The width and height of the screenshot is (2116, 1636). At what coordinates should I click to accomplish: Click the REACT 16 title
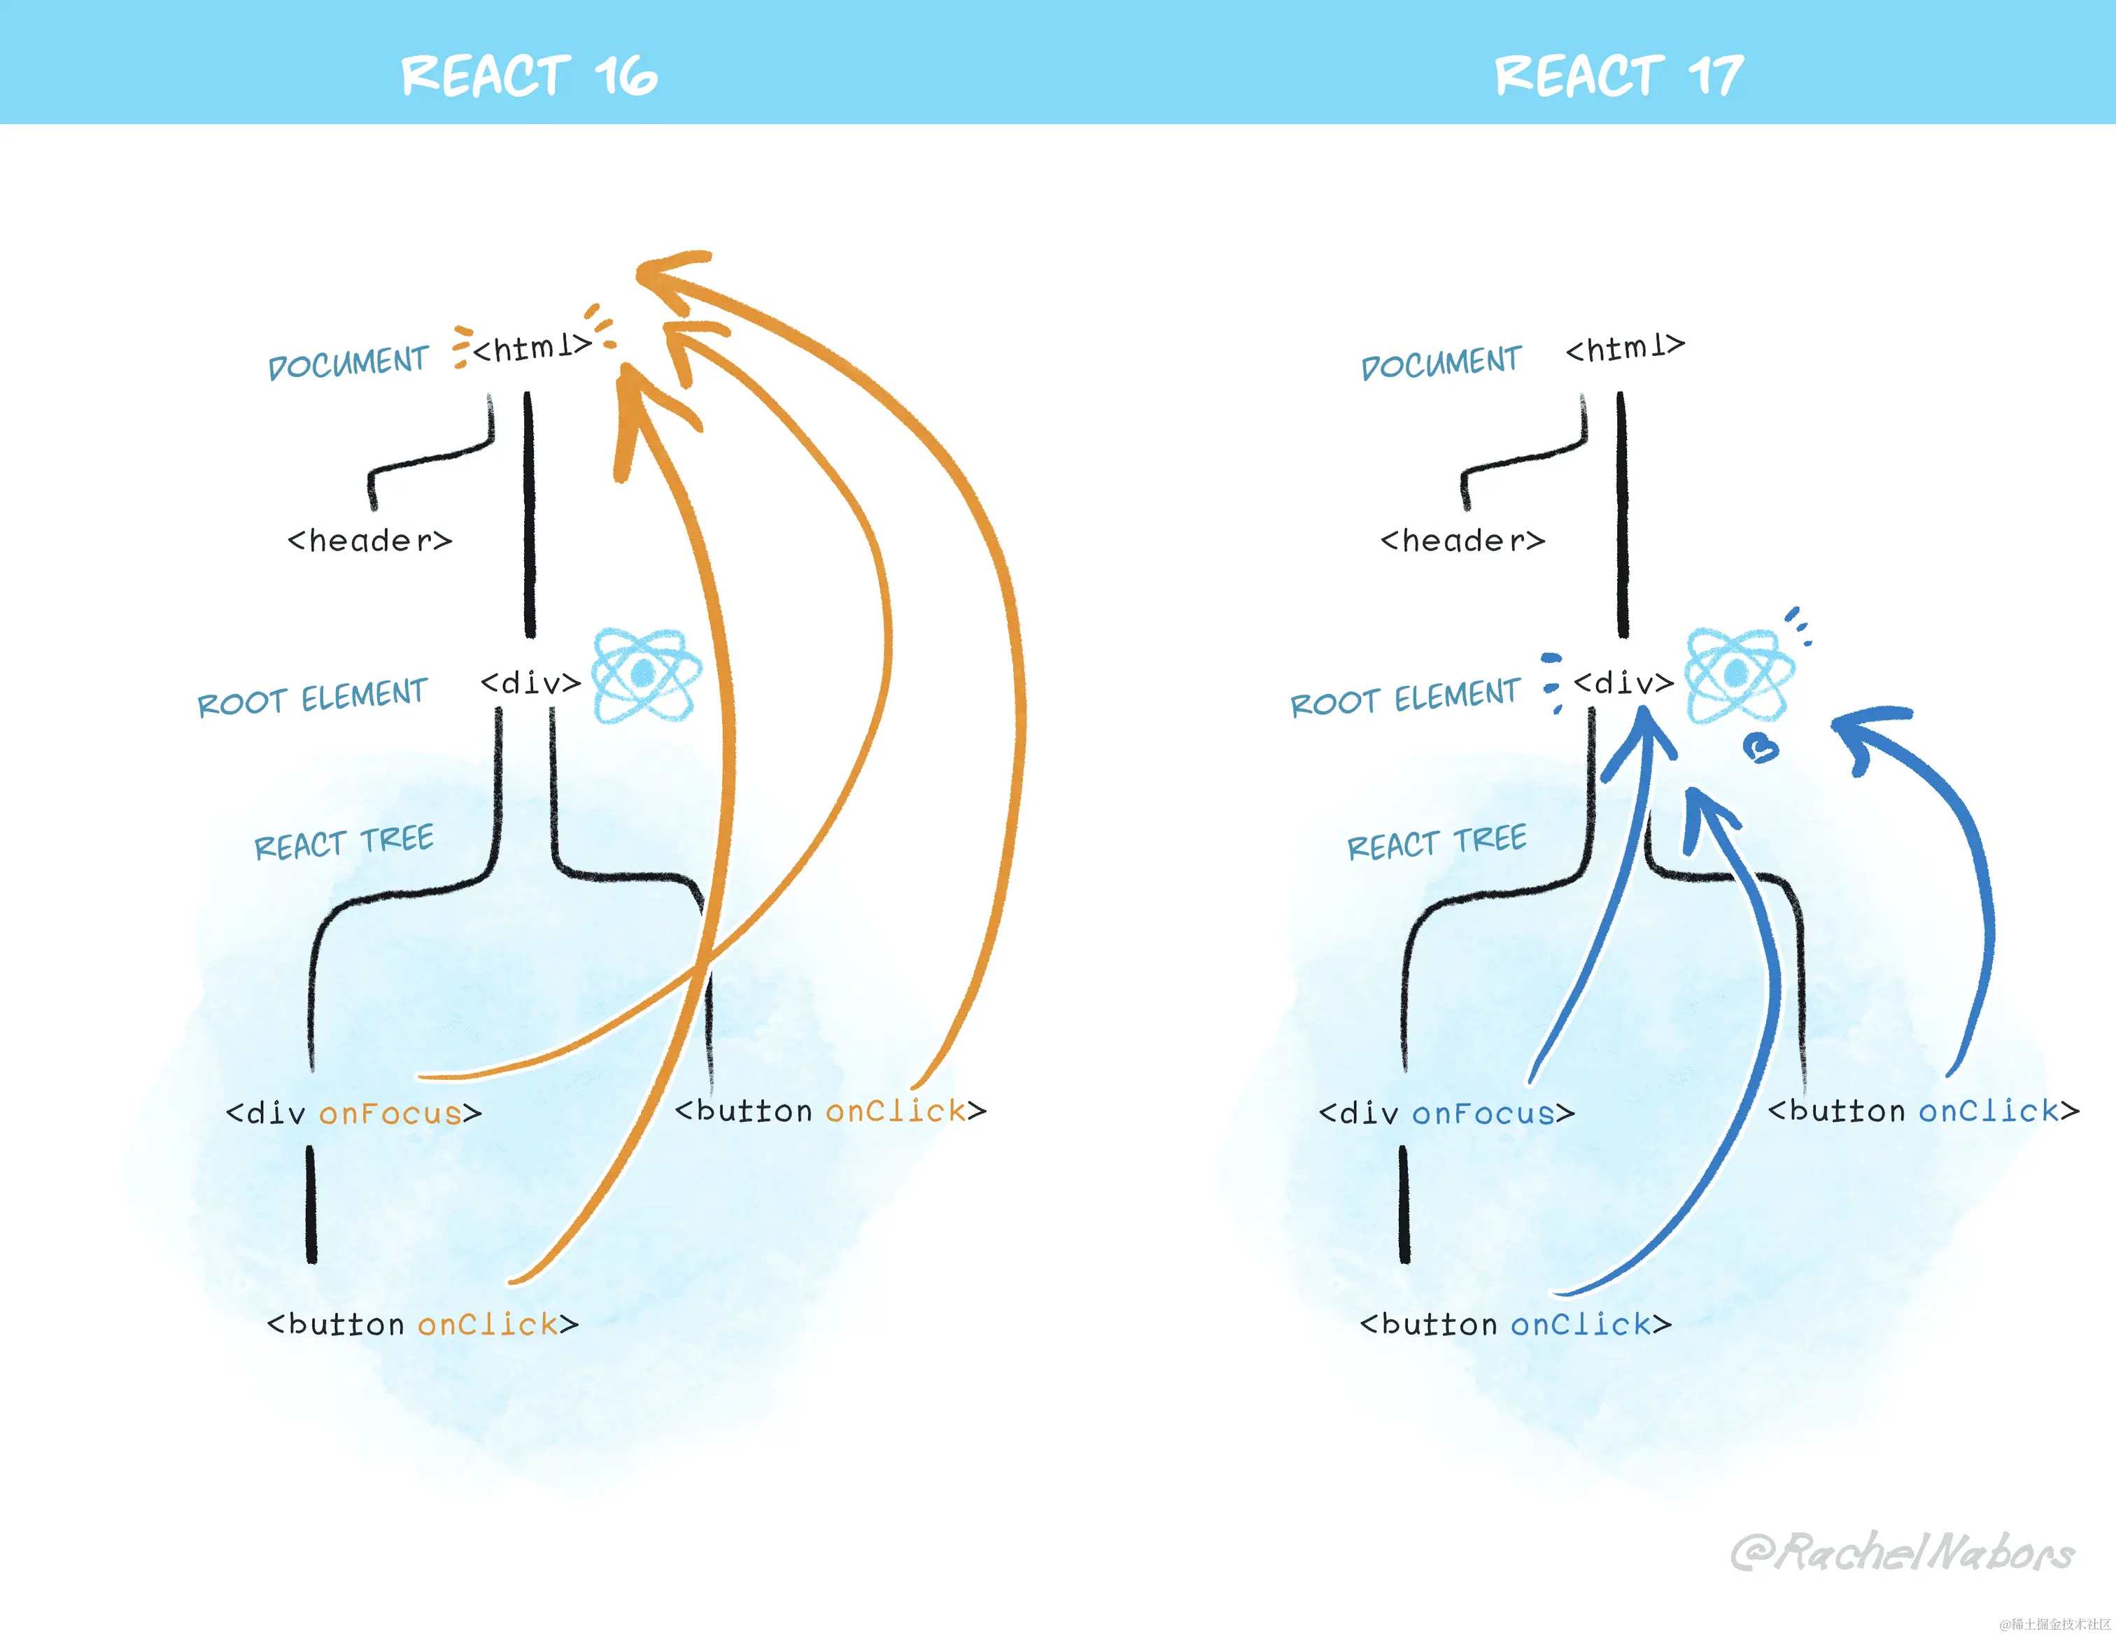[529, 76]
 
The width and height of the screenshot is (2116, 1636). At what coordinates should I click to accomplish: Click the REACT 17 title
[1619, 76]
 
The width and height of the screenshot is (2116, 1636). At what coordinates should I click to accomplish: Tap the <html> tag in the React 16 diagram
[532, 347]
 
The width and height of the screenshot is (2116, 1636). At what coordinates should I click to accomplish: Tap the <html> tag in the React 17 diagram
[1625, 347]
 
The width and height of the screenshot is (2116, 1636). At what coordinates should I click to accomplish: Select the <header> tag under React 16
[369, 541]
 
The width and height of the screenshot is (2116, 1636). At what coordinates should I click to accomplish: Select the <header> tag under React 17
[1462, 541]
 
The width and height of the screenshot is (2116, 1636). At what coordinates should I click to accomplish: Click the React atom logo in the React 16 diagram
[645, 675]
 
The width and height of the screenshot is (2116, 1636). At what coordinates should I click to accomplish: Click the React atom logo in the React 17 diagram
[1739, 675]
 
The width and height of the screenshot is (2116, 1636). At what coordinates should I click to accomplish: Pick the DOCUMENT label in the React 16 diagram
[348, 363]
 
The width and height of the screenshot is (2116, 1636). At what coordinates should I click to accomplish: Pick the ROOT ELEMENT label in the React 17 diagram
[1405, 697]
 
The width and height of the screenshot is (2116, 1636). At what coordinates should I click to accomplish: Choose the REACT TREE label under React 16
[344, 843]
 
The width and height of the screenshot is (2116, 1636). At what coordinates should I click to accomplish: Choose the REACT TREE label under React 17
[1437, 843]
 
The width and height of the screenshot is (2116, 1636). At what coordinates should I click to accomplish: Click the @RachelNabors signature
[1901, 1552]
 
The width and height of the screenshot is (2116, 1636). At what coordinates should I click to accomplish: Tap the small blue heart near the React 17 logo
[1761, 748]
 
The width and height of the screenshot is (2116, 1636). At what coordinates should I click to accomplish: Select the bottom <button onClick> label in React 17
[1516, 1324]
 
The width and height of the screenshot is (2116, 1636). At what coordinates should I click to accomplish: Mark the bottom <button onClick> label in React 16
[423, 1324]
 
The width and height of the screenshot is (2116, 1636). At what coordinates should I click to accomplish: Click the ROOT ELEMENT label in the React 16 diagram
[312, 697]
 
